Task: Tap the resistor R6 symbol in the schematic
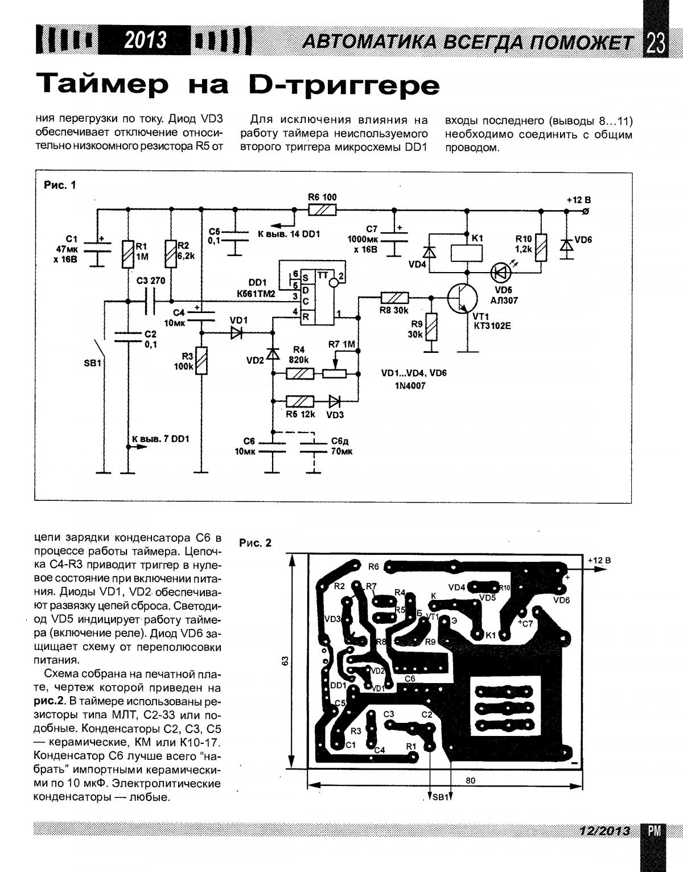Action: pyautogui.click(x=322, y=210)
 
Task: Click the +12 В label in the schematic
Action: pyautogui.click(x=578, y=200)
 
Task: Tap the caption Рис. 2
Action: pyautogui.click(x=256, y=543)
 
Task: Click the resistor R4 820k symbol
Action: pyautogui.click(x=299, y=374)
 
